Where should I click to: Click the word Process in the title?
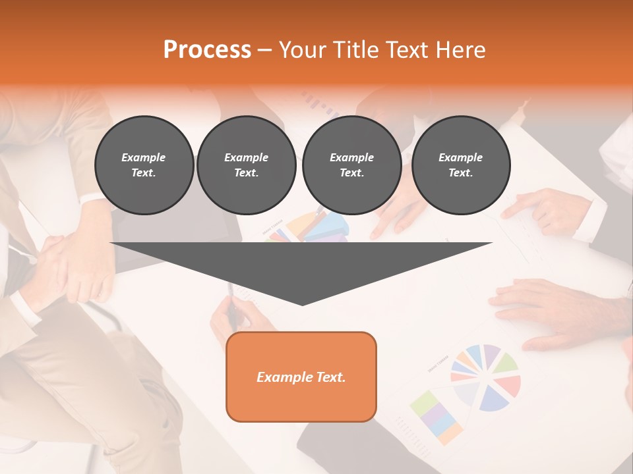(207, 49)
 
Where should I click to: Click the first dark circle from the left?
(144, 165)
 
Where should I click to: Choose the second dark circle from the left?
(246, 165)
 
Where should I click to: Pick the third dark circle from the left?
(351, 165)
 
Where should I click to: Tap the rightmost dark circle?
(460, 165)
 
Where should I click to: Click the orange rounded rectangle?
(301, 377)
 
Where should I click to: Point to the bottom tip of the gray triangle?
(302, 303)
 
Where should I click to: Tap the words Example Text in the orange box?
(301, 377)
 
